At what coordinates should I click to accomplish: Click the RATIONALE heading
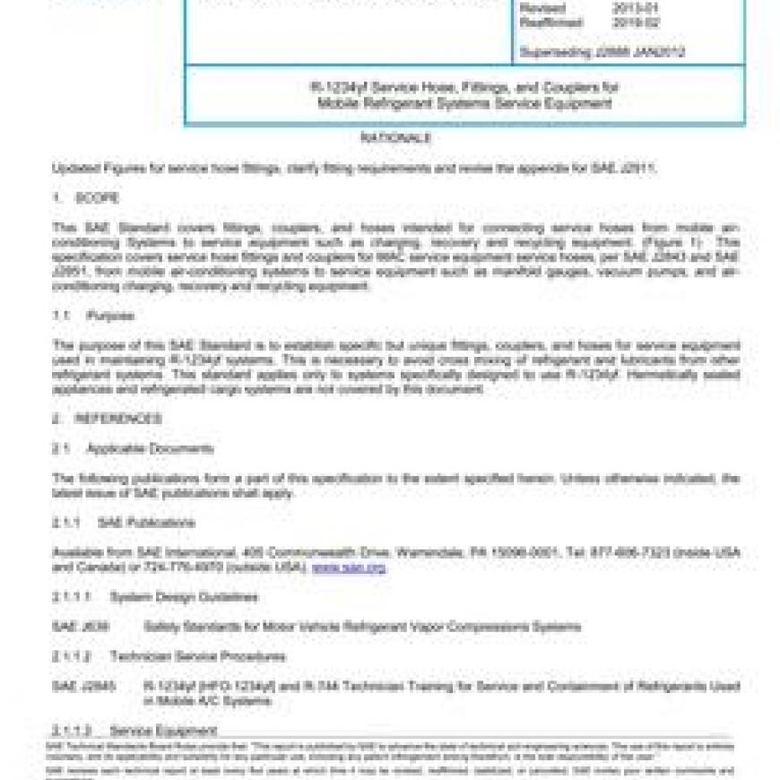coord(395,138)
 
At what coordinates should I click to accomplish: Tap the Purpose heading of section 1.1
coord(110,316)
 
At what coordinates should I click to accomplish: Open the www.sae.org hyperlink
coord(349,568)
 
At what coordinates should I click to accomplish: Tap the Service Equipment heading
coord(162,730)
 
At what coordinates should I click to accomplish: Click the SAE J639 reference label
coord(81,627)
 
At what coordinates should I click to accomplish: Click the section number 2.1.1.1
coord(71,597)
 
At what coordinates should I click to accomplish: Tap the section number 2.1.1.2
coord(71,657)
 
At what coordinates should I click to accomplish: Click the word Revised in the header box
coord(543,7)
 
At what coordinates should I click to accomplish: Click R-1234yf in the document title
coord(336,88)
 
